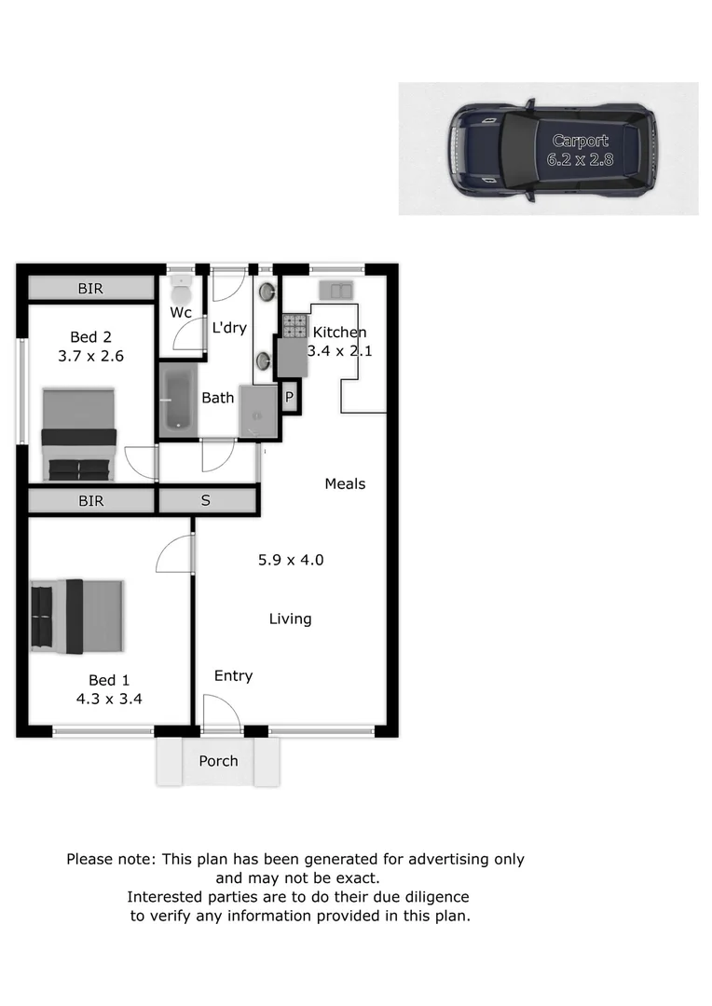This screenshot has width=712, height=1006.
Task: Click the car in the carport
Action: pos(552,151)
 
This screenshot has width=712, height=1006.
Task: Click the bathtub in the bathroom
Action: pos(177,400)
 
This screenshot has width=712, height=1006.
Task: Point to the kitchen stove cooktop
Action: pos(294,325)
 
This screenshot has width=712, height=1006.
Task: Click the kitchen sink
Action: pos(335,291)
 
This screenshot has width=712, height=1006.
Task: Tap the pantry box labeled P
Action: pos(290,397)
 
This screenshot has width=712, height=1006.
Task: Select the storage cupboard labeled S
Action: pos(207,501)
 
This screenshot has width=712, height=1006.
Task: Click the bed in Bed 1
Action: pos(77,617)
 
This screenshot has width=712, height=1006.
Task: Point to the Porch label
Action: pos(218,761)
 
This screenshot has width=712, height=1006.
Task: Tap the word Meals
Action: pos(345,483)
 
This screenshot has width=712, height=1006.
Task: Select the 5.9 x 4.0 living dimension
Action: pos(291,560)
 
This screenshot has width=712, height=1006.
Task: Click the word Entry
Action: pos(233,676)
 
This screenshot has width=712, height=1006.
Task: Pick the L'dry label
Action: pos(229,328)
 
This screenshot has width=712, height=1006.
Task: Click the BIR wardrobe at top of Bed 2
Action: pos(90,289)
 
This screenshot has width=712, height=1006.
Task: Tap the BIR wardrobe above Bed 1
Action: pos(90,501)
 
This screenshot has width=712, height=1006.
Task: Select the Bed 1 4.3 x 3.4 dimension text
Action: pos(109,697)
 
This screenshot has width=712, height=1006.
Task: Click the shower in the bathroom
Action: pos(258,411)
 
